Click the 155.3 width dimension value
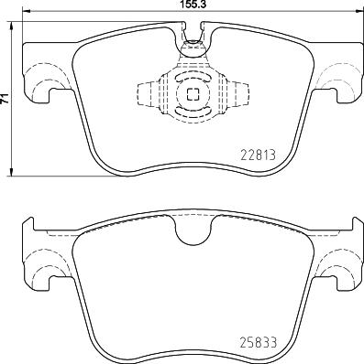click(191, 5)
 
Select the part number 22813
click(259, 154)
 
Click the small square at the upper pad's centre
click(193, 95)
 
